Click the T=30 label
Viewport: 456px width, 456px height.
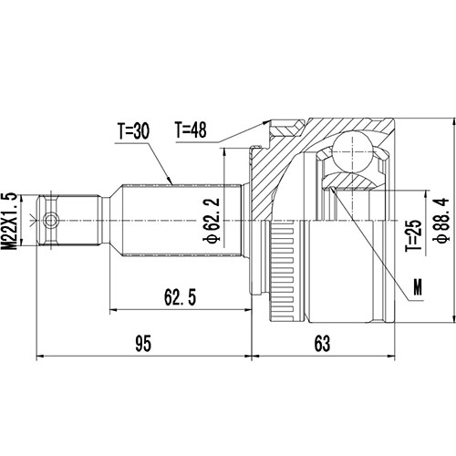tap(134, 131)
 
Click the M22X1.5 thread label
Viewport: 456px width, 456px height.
tap(10, 218)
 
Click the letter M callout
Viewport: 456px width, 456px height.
tap(418, 288)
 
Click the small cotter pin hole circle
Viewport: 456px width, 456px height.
tap(51, 220)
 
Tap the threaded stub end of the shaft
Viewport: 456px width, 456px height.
tap(68, 220)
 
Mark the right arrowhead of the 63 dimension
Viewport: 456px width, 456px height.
tap(391, 356)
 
